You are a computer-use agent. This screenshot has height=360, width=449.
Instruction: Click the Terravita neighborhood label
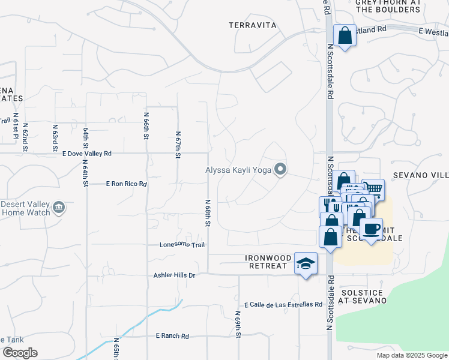(x=253, y=25)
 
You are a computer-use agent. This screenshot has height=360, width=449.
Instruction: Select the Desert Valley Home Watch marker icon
(x=59, y=208)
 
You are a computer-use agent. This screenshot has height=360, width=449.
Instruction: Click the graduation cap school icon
(x=306, y=263)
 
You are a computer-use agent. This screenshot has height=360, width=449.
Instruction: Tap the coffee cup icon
(x=371, y=229)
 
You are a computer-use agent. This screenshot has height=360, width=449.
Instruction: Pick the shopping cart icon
(x=373, y=189)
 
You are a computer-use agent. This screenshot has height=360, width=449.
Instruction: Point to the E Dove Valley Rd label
(x=87, y=154)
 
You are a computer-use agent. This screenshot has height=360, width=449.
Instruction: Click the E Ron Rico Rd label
(x=126, y=184)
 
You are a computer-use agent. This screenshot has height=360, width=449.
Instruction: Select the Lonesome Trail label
(x=182, y=245)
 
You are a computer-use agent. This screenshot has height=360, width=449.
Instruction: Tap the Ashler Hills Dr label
(x=175, y=275)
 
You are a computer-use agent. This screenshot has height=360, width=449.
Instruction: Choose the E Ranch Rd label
(x=172, y=336)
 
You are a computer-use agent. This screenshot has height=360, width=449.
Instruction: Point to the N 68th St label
(x=208, y=213)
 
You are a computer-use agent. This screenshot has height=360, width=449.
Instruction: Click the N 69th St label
(x=238, y=325)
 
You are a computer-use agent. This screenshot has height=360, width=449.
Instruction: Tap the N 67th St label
(x=178, y=145)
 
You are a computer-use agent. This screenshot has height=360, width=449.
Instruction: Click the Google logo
(x=19, y=353)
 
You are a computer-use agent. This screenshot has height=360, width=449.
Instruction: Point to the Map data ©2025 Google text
(x=411, y=355)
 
